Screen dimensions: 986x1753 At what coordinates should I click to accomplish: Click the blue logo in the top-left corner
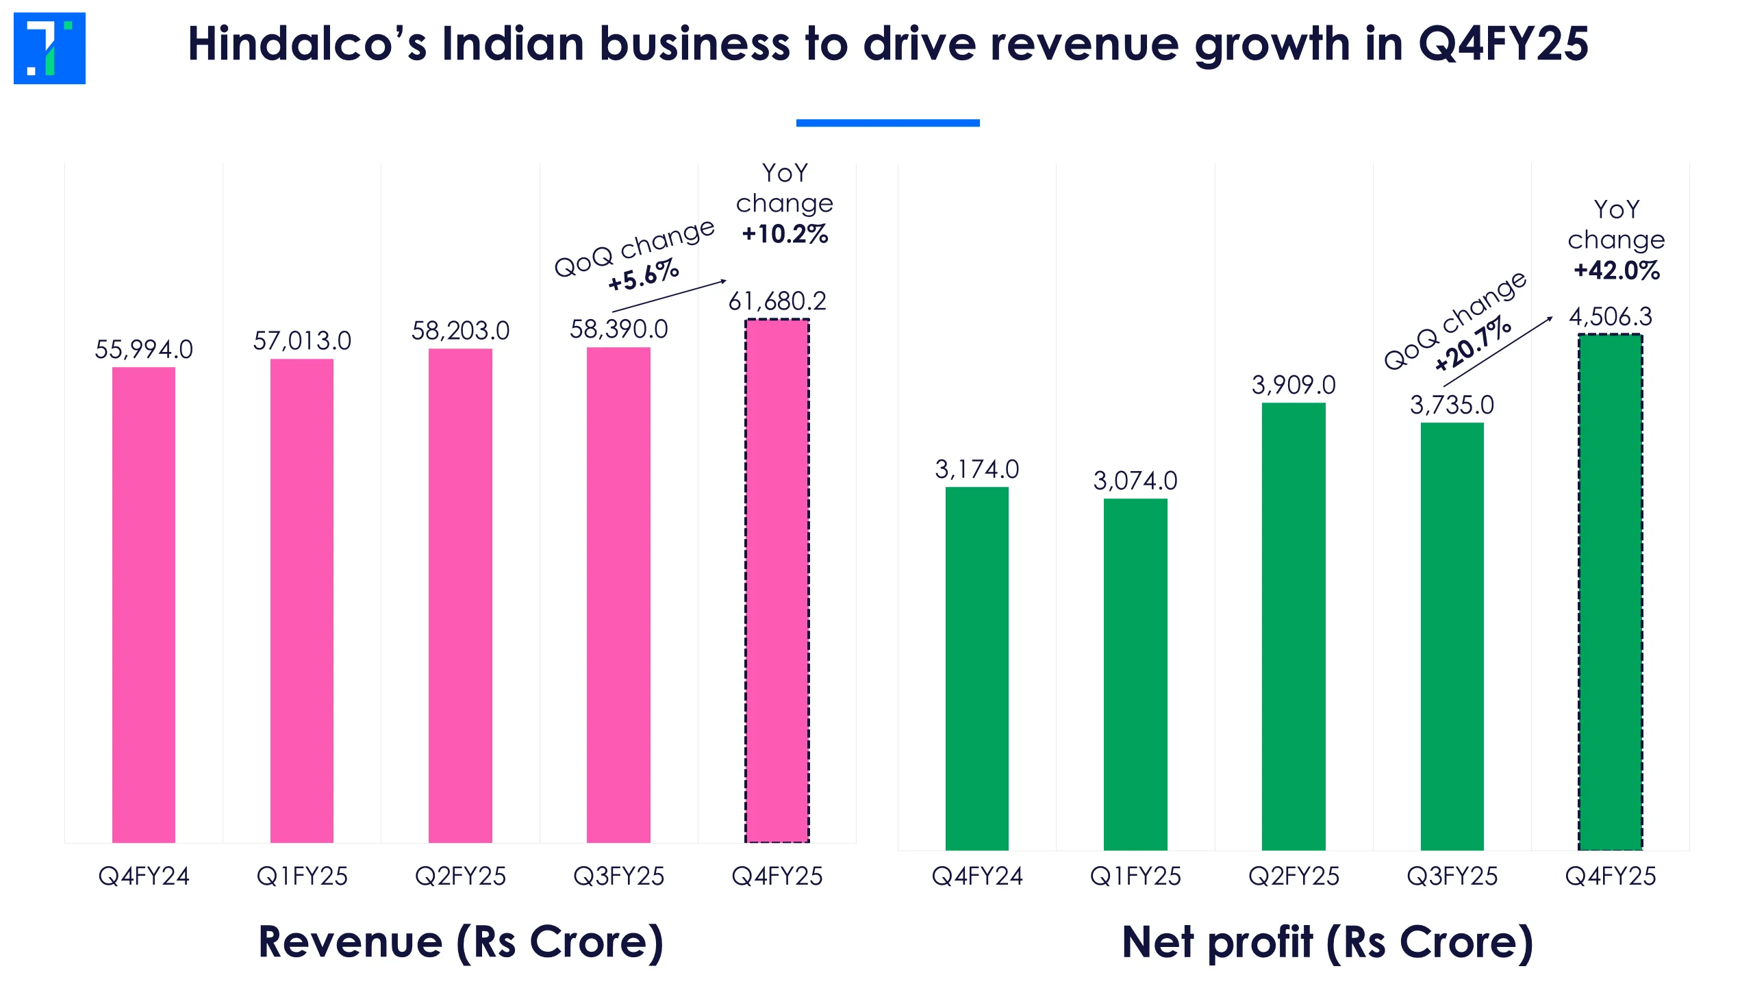click(49, 48)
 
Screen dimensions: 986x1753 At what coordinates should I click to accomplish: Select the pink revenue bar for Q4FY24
click(144, 603)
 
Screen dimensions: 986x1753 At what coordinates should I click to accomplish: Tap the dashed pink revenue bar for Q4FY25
click(777, 582)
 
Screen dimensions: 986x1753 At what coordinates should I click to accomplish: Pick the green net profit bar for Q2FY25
click(1294, 627)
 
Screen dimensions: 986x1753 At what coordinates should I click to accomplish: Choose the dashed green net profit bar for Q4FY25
click(1610, 592)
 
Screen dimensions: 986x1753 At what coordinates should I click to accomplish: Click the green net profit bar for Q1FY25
click(1135, 674)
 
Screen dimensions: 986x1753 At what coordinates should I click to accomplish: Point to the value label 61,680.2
click(777, 301)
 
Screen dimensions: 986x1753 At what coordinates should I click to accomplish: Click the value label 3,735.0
click(1452, 405)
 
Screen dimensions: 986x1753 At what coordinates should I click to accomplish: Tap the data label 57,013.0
click(302, 341)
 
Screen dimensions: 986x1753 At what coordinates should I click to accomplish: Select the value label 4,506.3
click(1611, 317)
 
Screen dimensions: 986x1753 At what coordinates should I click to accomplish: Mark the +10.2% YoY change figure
click(785, 234)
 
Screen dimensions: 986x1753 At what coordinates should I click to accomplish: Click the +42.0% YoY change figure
click(1617, 270)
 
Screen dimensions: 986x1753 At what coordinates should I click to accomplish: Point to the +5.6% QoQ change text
click(644, 275)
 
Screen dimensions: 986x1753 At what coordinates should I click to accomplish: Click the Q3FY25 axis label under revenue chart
click(618, 876)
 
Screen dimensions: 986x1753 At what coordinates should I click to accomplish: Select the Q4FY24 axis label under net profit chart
click(977, 876)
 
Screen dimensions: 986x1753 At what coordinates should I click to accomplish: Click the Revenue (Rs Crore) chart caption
click(461, 942)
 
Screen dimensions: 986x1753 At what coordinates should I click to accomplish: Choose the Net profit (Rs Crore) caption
click(1327, 942)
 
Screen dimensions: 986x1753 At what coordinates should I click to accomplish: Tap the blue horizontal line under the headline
click(887, 123)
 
